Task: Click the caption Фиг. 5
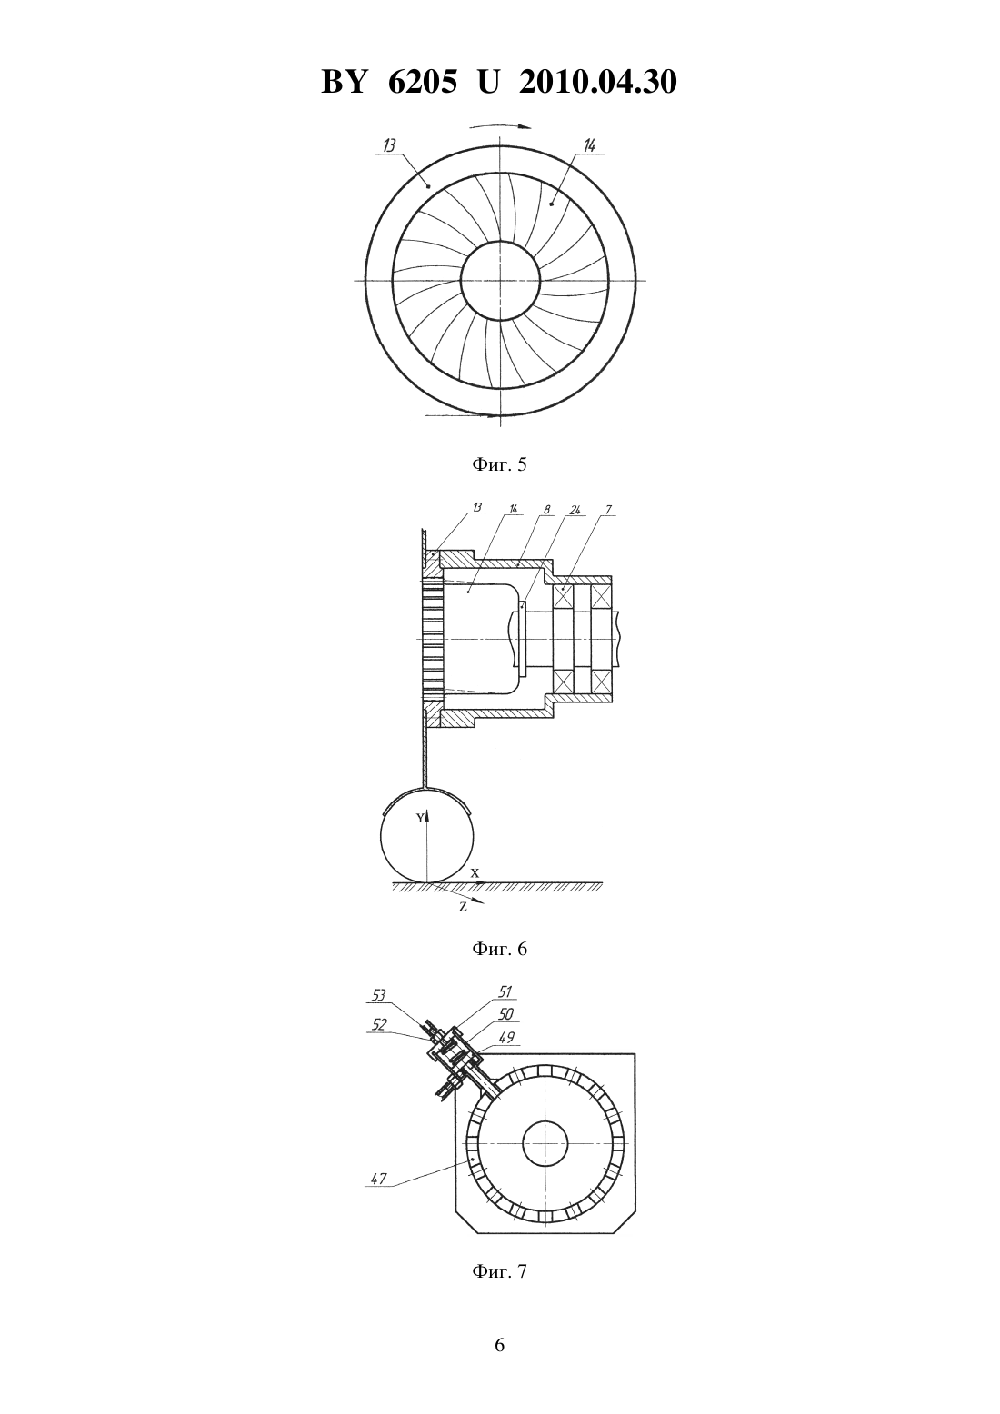pyautogui.click(x=499, y=465)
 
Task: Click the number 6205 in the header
pyautogui.click(x=422, y=82)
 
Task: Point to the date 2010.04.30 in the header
pyautogui.click(x=598, y=82)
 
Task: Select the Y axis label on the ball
pyautogui.click(x=420, y=818)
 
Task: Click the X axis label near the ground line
pyautogui.click(x=475, y=873)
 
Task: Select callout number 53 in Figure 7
pyautogui.click(x=378, y=996)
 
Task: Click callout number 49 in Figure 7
pyautogui.click(x=506, y=1037)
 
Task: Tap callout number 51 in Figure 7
pyautogui.click(x=505, y=992)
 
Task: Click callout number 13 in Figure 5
pyautogui.click(x=388, y=145)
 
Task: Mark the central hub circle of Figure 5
pyautogui.click(x=501, y=241)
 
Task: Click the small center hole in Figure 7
pyautogui.click(x=545, y=1120)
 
